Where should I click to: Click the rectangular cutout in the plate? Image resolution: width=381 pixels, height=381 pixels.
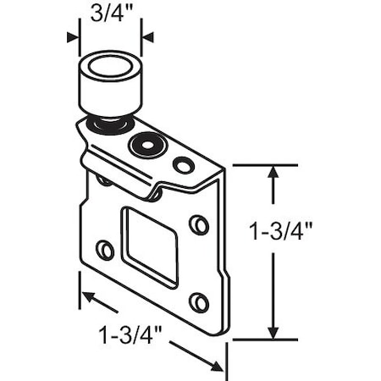(150, 245)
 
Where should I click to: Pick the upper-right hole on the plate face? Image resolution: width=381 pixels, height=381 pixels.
(198, 224)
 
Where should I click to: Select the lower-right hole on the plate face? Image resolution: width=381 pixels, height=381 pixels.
(198, 302)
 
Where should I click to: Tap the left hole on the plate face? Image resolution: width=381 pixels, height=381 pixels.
(105, 250)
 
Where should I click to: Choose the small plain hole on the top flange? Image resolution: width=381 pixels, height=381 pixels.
(183, 164)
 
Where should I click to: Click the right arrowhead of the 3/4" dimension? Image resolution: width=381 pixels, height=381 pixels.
(147, 36)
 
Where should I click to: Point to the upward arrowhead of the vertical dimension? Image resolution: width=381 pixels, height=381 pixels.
(273, 172)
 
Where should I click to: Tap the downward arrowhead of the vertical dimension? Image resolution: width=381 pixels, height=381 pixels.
(273, 332)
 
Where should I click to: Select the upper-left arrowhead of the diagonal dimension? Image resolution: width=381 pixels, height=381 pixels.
(87, 297)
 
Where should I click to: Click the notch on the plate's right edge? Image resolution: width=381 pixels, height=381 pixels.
(226, 280)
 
